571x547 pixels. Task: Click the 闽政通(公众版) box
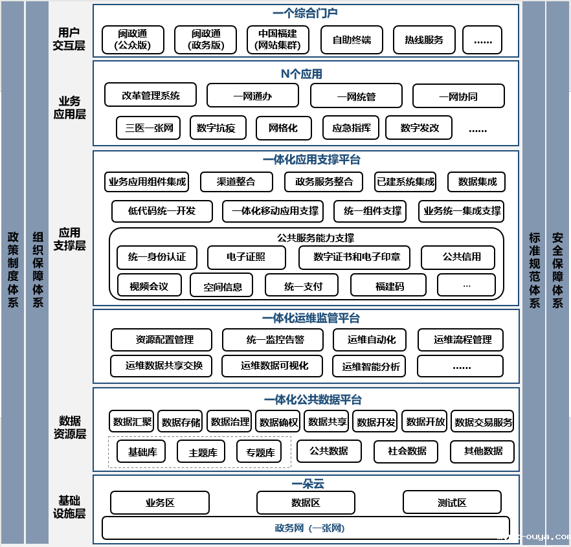pos(133,39)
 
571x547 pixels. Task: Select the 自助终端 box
pos(352,39)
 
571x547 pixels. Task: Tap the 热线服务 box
pos(424,39)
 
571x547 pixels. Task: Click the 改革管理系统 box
pos(151,96)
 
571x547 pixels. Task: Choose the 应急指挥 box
pos(351,128)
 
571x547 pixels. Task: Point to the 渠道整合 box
pos(236,182)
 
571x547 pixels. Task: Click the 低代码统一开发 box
pos(162,211)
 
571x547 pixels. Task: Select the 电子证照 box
pos(246,257)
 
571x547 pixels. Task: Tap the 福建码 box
pos(388,285)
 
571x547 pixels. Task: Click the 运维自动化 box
pos(372,339)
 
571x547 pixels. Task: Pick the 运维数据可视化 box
pos(274,366)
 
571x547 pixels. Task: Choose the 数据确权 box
pos(278,422)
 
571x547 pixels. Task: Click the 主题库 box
pos(202,452)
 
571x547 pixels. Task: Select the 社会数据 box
pos(407,451)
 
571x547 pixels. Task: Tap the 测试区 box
pos(452,502)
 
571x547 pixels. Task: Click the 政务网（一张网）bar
pos(306,528)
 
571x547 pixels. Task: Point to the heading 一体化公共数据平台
pos(313,400)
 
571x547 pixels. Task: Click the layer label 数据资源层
pos(70,427)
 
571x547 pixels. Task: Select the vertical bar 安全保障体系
pos(557,272)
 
